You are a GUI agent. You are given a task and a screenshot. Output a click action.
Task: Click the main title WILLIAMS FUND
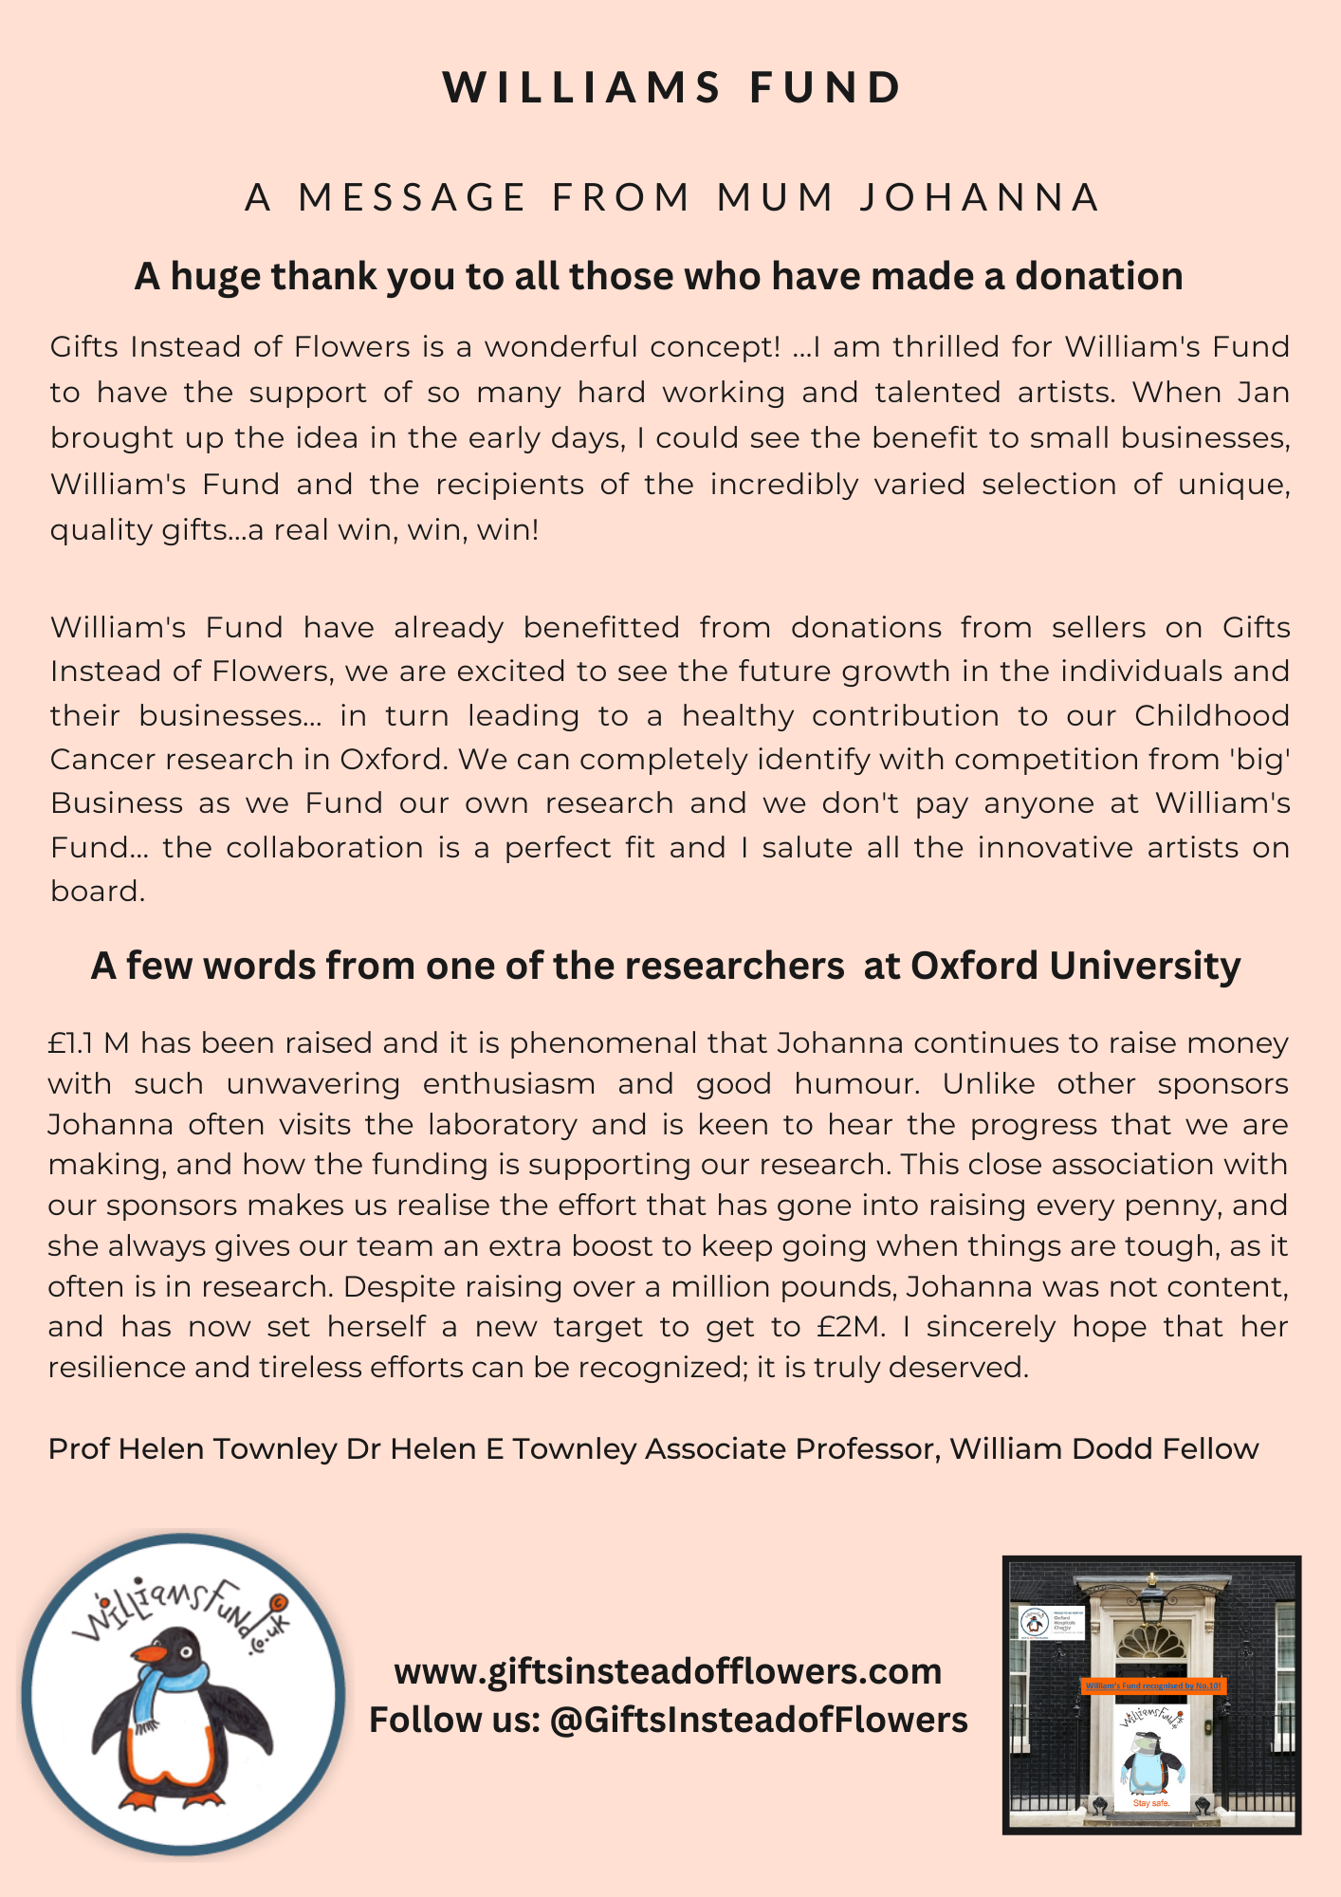tap(671, 88)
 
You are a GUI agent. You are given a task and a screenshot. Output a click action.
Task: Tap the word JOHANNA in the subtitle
tap(980, 197)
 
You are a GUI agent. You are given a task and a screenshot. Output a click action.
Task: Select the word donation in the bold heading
tap(1099, 277)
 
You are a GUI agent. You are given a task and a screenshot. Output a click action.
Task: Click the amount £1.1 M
tap(88, 1043)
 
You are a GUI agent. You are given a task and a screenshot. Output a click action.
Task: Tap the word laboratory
tap(503, 1124)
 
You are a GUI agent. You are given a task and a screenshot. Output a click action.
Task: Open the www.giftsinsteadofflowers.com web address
tap(668, 1671)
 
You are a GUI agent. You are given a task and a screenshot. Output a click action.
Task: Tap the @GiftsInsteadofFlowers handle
tap(759, 1720)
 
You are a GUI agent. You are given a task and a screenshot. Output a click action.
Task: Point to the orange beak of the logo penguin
tap(151, 1656)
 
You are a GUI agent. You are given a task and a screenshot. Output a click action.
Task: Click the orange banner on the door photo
tap(1152, 1685)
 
